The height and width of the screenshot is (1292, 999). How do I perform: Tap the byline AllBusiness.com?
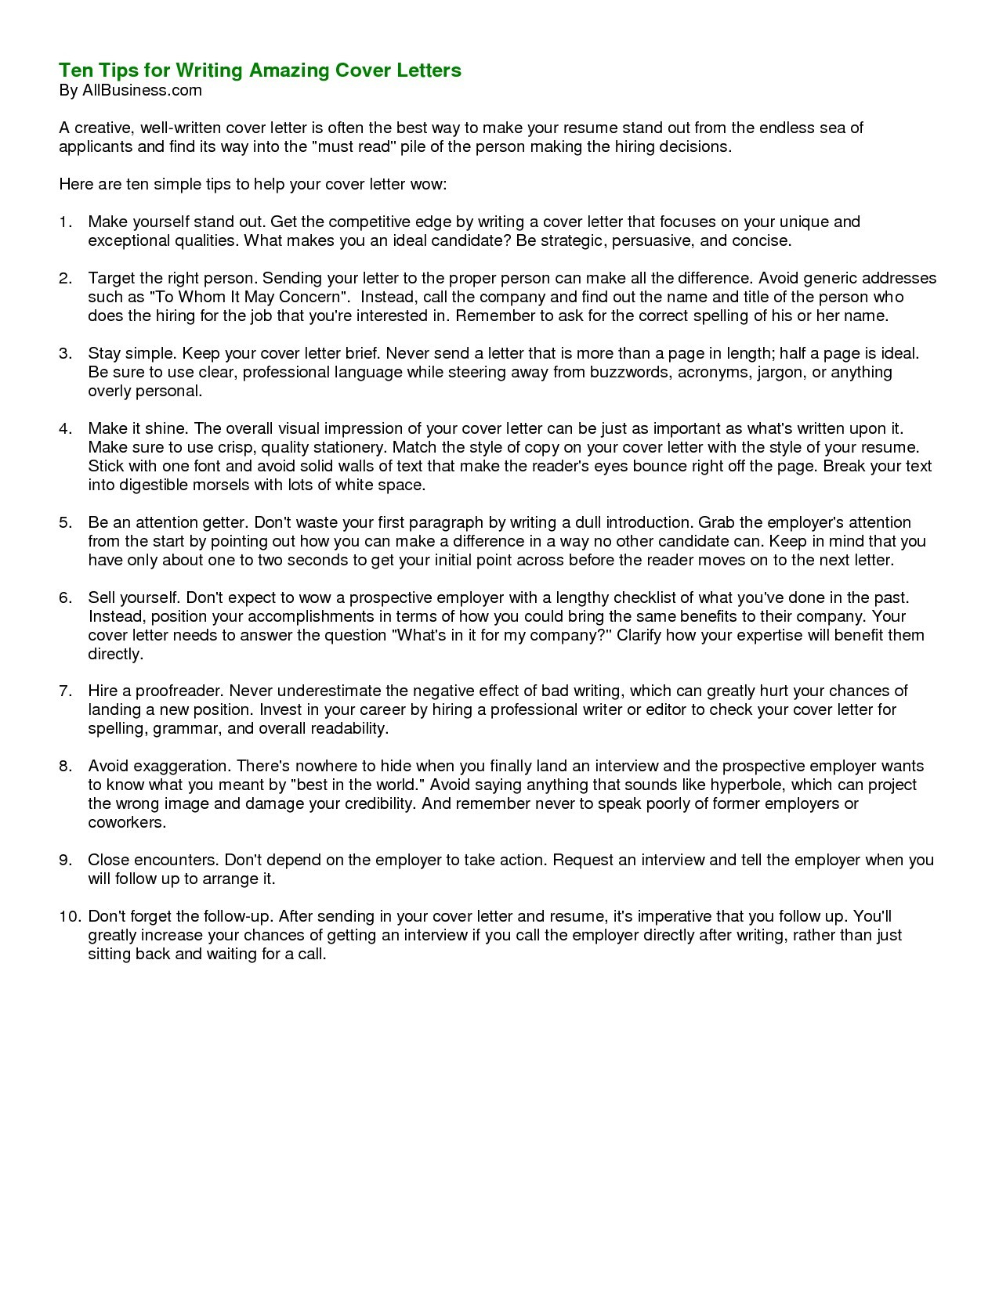coord(142,90)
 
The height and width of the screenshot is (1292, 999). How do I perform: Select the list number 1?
coord(65,222)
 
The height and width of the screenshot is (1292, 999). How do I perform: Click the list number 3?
coord(65,353)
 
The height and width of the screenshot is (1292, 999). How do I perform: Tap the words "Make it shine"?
coord(137,428)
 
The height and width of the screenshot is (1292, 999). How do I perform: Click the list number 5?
coord(65,522)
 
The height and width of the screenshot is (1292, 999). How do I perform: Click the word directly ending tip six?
coord(115,654)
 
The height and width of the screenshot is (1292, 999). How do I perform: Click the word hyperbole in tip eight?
coord(747,785)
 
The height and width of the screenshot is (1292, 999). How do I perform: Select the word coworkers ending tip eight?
coord(126,822)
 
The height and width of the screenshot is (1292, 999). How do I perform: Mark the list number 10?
coord(69,916)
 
